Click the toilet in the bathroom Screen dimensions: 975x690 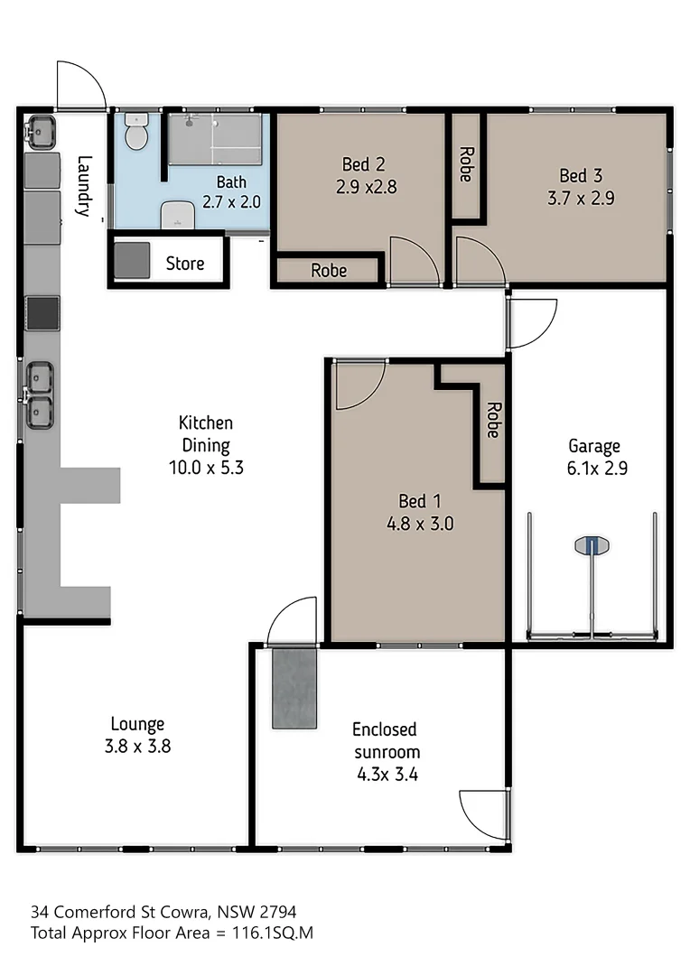[x=136, y=133]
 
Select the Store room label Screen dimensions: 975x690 [x=184, y=264]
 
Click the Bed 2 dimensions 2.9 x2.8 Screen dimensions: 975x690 [x=364, y=187]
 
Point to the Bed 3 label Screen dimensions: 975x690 [x=580, y=175]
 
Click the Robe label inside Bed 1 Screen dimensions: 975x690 [x=492, y=420]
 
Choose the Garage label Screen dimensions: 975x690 [x=593, y=445]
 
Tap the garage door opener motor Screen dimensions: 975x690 [x=592, y=545]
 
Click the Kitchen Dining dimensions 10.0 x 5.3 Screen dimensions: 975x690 [x=205, y=468]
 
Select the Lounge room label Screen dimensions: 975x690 [x=137, y=723]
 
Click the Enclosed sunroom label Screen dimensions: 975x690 [x=385, y=739]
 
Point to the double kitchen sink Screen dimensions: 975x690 [x=40, y=395]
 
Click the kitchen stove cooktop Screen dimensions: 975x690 [x=42, y=313]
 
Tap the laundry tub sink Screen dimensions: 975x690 [x=41, y=132]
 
